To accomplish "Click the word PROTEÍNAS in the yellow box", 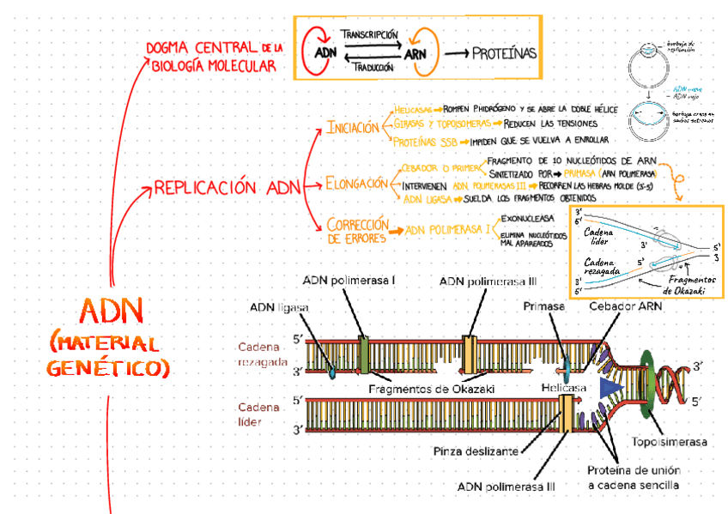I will (x=504, y=53).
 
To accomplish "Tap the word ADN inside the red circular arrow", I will (x=325, y=52).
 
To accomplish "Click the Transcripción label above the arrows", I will (x=369, y=33).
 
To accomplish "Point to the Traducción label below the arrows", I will (x=369, y=67).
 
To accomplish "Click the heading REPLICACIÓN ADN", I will (x=227, y=187).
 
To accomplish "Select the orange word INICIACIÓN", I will (x=352, y=128).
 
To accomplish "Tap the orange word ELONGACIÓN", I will (x=356, y=183).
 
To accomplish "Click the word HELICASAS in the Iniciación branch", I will (x=413, y=110).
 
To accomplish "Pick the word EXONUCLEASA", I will (x=527, y=219).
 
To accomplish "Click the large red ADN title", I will (x=111, y=310).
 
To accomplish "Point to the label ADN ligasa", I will (x=279, y=307).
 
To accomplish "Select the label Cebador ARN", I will (x=625, y=306).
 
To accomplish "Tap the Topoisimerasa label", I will (x=670, y=442).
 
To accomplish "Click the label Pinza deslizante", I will (x=476, y=451).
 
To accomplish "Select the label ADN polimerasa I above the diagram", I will (x=349, y=281).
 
